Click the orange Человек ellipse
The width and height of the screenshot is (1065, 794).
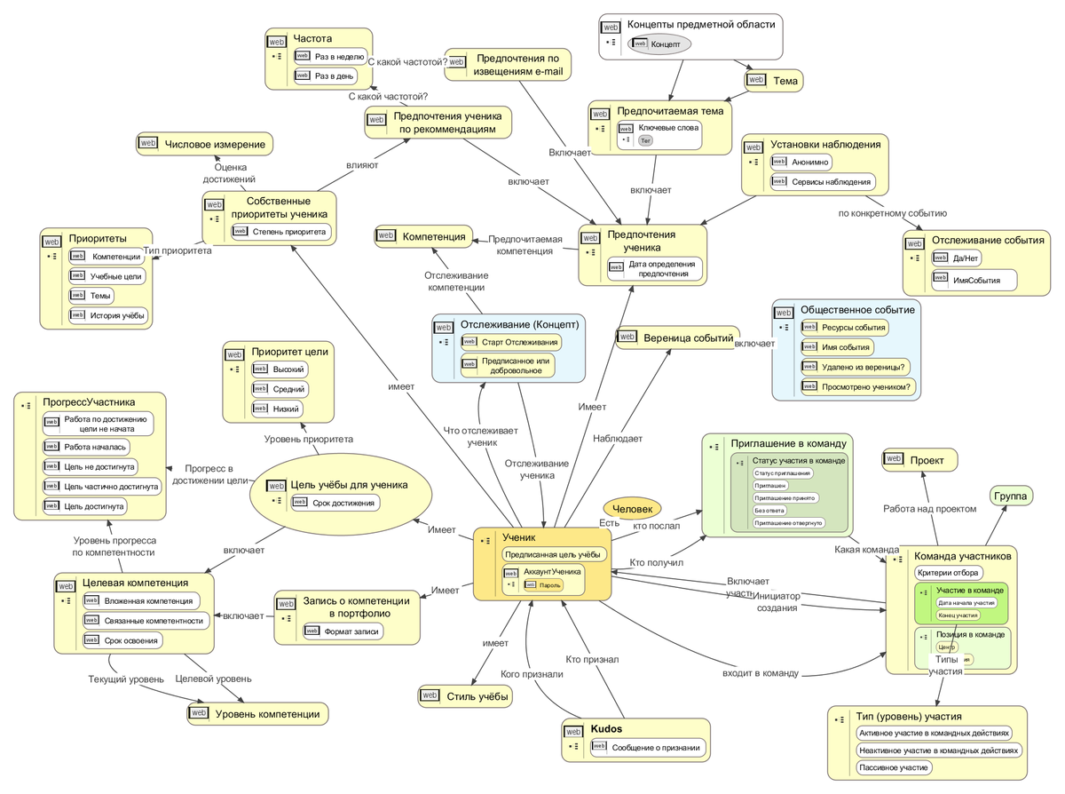[x=632, y=508]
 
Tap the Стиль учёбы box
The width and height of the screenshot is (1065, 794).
[x=466, y=696]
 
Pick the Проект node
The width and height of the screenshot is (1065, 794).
[x=919, y=459]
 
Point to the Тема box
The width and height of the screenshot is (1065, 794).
[x=774, y=81]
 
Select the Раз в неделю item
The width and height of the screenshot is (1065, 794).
[x=329, y=55]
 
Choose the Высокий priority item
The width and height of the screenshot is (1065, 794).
[x=278, y=369]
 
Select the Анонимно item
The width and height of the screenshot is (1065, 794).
[x=801, y=162]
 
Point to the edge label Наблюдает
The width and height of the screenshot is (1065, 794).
[x=618, y=438]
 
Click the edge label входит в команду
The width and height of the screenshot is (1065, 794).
[x=761, y=673]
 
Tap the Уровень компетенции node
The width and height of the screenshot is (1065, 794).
[x=257, y=713]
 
